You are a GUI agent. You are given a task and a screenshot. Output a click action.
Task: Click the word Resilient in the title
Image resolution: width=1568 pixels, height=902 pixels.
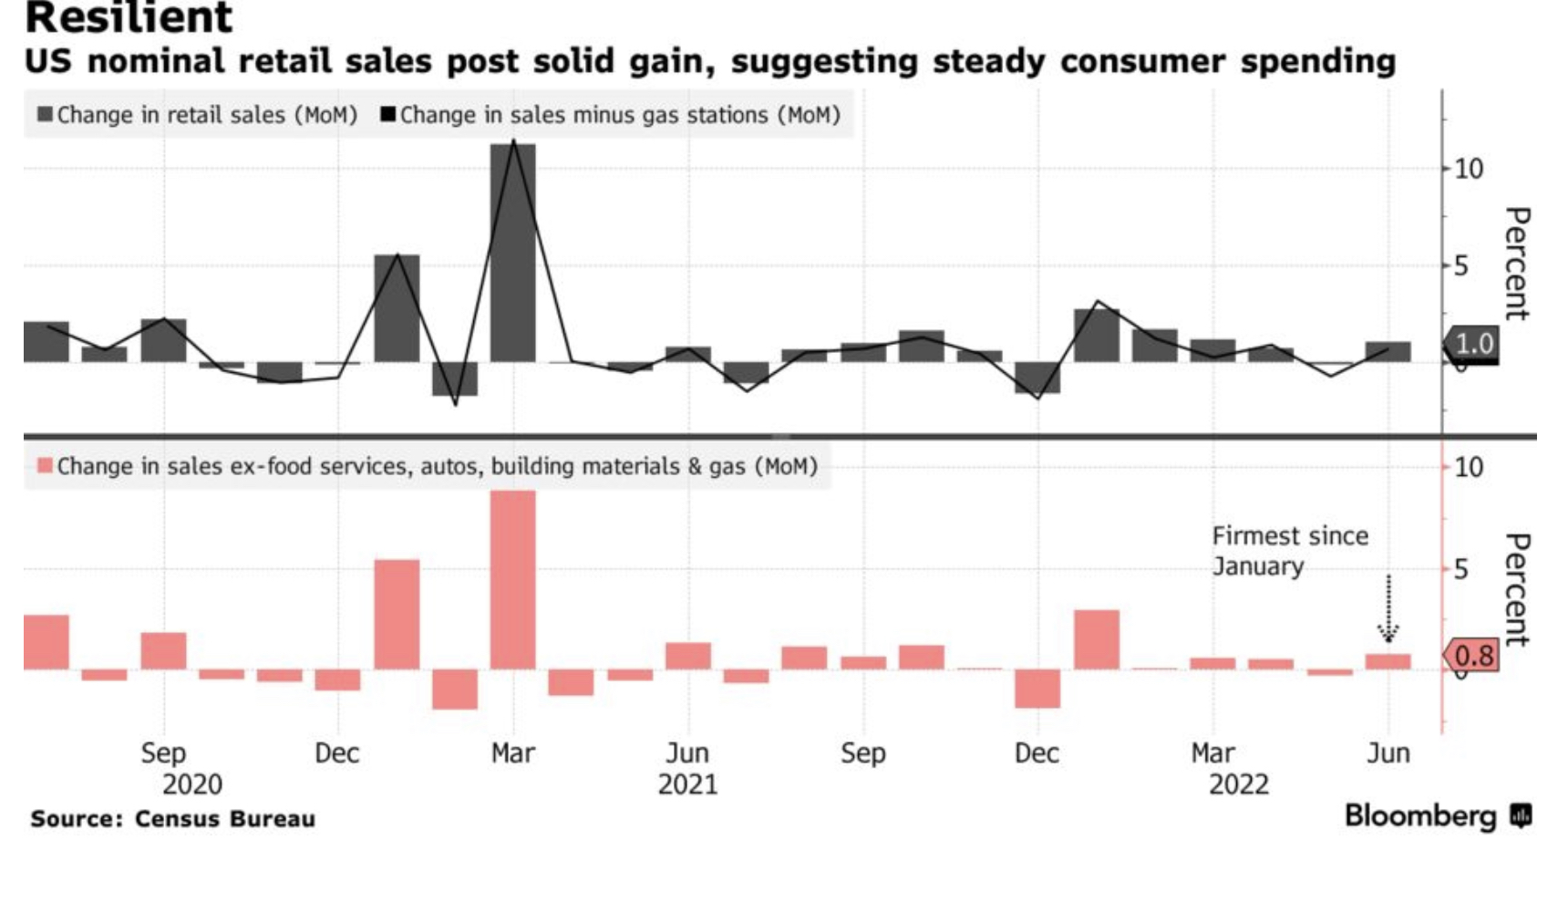tap(129, 18)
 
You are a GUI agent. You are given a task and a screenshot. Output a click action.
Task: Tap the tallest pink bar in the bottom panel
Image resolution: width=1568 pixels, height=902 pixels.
tap(513, 580)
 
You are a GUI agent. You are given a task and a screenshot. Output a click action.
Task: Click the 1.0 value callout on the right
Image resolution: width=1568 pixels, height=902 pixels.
tap(1472, 344)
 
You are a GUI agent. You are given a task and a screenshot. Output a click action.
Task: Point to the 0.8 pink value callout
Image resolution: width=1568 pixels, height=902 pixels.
tap(1472, 656)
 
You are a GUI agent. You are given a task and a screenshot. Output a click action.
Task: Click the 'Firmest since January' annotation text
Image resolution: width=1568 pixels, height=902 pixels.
tap(1289, 551)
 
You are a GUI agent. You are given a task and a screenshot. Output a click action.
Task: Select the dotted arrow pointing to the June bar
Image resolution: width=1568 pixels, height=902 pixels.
tap(1387, 608)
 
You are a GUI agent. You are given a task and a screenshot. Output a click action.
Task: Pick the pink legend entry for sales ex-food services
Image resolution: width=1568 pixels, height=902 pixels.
tap(427, 467)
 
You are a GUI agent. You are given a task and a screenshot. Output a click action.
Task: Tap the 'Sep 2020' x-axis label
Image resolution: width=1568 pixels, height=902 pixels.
tap(163, 753)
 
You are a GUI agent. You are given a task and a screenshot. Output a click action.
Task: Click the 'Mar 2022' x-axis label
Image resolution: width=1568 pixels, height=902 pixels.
tap(1212, 753)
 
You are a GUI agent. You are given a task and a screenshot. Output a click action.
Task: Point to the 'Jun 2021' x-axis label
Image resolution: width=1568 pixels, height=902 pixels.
tap(687, 753)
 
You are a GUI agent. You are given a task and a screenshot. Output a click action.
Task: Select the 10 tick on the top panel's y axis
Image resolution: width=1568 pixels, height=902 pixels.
tap(1469, 169)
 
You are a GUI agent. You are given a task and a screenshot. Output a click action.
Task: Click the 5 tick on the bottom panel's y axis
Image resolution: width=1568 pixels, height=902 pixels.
tap(1461, 570)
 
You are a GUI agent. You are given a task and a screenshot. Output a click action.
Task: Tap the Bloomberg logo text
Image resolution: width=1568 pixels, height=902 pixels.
tap(1420, 815)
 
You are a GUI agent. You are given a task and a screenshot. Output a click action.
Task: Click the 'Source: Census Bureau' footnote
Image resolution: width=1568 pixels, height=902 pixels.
tap(173, 819)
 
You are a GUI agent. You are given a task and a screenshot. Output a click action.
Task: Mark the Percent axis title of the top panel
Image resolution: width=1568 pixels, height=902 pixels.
tap(1516, 264)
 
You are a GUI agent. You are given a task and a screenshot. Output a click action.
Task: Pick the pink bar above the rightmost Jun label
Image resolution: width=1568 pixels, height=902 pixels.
tap(1387, 662)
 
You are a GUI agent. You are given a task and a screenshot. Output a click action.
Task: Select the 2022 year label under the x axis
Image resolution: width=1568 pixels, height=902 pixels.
tap(1238, 784)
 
